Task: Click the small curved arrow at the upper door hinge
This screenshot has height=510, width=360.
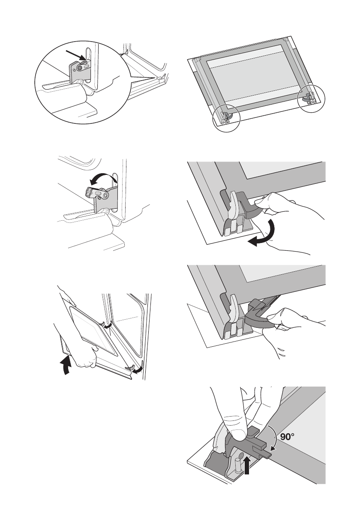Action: coord(109,326)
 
